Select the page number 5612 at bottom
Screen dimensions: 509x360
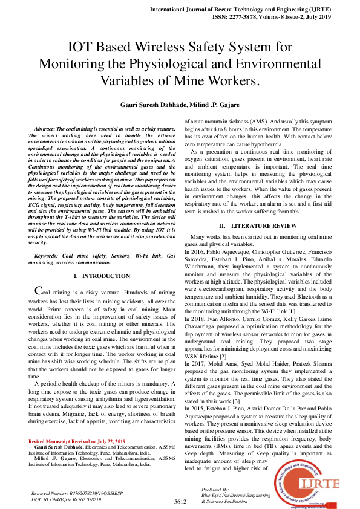point(180,501)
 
